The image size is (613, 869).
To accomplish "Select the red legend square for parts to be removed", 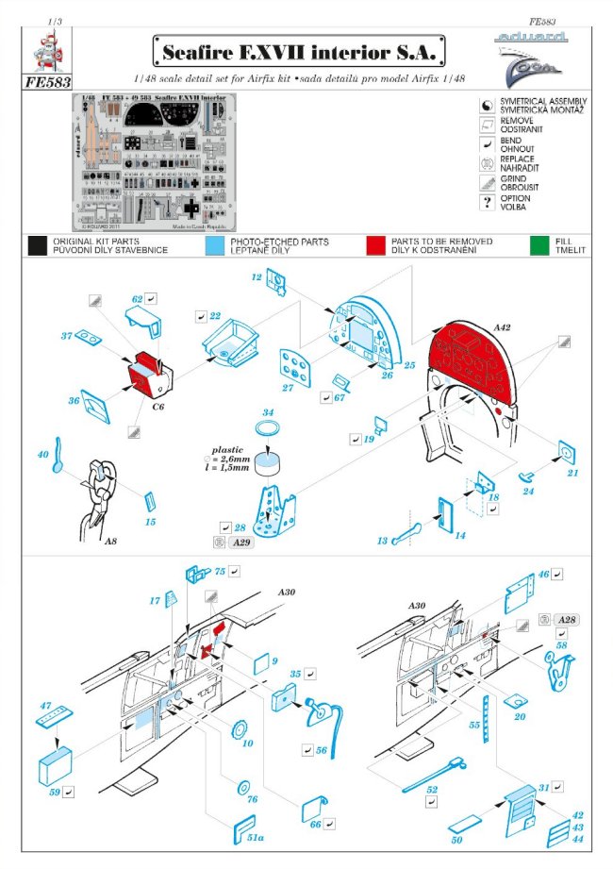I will tap(376, 246).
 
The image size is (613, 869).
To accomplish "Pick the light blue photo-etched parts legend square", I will tap(213, 246).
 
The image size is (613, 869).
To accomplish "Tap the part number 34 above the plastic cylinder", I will tap(268, 413).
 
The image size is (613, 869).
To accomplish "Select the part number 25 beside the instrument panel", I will tap(409, 364).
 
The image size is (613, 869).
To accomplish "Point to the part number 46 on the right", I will tap(543, 574).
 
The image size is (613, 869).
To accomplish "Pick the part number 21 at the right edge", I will tap(572, 473).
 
